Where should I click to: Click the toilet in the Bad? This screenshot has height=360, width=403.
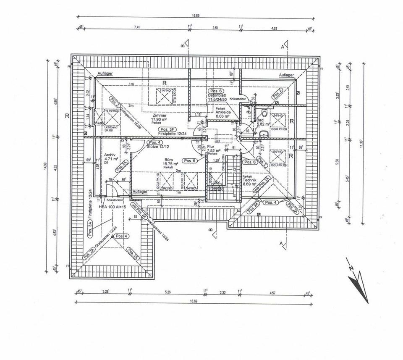(264, 113)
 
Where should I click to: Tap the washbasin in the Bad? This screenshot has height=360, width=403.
(264, 134)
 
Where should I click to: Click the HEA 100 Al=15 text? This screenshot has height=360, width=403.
(113, 207)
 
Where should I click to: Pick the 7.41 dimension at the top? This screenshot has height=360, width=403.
(136, 27)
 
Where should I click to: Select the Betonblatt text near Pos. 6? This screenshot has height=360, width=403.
(217, 96)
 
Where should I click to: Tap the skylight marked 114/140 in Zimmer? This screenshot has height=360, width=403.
(165, 95)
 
